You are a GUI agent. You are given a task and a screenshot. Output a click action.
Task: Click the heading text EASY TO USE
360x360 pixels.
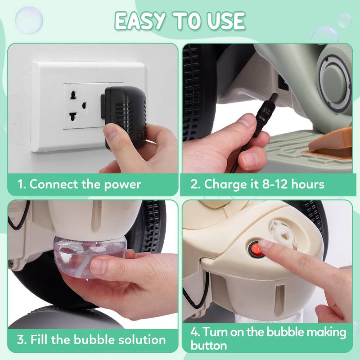pos(180,21)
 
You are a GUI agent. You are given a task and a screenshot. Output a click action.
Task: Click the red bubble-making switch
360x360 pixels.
pos(256,249)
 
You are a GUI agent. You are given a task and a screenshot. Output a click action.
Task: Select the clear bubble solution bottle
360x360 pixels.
pos(90,257)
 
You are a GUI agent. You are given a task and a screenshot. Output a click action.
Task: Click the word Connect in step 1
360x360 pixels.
pos(54,184)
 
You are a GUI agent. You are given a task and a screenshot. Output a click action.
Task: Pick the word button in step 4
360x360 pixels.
pos(208,346)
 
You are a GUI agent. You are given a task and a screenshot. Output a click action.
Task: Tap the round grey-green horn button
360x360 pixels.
pos(336,81)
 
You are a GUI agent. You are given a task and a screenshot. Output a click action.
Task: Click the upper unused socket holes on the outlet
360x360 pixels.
pos(73,95)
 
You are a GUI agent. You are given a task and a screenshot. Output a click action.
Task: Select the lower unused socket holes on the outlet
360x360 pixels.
pos(73,117)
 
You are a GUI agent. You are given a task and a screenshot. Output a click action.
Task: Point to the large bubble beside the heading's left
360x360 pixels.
pos(29,20)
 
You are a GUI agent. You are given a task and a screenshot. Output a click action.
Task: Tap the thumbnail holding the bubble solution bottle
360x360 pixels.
pos(98,266)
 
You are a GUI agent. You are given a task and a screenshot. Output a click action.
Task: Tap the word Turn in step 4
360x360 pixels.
pos(215,332)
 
